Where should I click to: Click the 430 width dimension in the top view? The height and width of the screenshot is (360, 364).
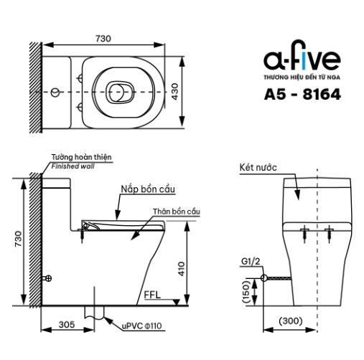(175, 92)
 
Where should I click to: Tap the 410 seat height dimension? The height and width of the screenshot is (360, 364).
(182, 269)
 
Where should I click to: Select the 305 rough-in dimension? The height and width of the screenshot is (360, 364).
(67, 325)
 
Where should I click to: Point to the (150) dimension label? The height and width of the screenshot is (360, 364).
(246, 292)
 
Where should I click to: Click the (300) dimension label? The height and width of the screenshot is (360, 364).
(291, 321)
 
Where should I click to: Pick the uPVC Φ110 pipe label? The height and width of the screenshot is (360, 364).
(142, 326)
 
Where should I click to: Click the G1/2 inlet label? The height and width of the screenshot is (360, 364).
(251, 262)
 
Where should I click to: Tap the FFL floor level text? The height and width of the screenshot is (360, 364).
(152, 295)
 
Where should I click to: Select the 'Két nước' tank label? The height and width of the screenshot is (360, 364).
(258, 167)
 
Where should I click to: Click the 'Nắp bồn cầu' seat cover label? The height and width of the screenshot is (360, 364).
(148, 189)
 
